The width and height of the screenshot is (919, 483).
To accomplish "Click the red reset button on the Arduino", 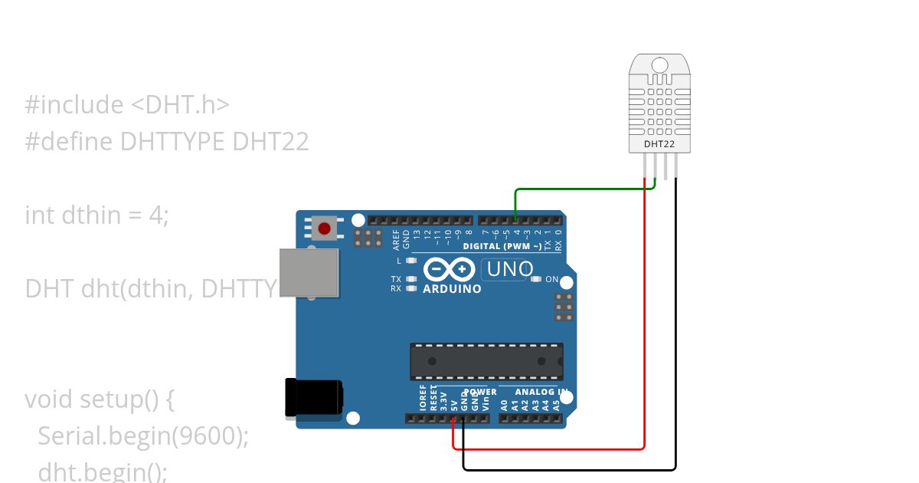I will [325, 228].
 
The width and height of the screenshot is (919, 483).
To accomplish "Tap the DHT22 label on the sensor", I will [659, 143].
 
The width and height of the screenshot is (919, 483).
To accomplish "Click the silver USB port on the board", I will [309, 272].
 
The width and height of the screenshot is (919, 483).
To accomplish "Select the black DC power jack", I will [313, 399].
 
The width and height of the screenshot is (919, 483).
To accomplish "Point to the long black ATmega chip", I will [486, 361].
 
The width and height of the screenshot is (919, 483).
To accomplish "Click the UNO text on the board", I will [510, 269].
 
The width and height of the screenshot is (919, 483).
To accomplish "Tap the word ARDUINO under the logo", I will [452, 289].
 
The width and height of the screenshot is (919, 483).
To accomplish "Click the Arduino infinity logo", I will [443, 270].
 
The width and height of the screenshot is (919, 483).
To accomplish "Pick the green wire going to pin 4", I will [582, 189].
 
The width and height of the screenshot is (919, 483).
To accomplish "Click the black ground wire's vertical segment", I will [675, 322].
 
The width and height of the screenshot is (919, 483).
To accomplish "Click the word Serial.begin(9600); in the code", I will [143, 435].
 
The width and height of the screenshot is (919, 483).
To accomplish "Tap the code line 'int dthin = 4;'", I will [96, 215].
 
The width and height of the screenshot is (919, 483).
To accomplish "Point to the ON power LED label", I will [551, 280].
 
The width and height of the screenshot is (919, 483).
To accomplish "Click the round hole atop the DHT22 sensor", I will [659, 65].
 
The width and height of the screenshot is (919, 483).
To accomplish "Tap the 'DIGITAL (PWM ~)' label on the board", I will [502, 246].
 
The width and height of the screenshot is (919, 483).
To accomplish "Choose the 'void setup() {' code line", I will [100, 399].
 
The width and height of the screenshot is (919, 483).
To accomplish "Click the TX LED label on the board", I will [396, 279].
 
